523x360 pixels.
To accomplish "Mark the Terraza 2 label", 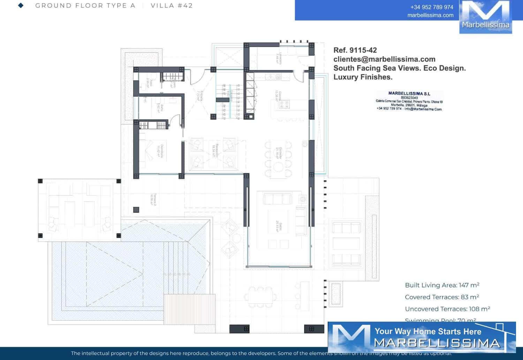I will (x=153, y=199).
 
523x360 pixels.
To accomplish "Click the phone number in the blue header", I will (x=432, y=7).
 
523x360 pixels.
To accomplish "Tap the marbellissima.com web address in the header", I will (x=430, y=15).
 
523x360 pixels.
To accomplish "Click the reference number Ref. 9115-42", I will (x=355, y=50).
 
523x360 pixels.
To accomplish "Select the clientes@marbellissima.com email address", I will (x=384, y=59).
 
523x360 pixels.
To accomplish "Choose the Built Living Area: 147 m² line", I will (x=442, y=285).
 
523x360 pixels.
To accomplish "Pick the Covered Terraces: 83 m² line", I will (x=442, y=297).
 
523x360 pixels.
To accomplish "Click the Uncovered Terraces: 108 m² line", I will (x=447, y=309).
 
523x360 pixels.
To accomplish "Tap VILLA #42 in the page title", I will (x=172, y=6).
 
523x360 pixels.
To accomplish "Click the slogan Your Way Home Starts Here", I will (x=428, y=331).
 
